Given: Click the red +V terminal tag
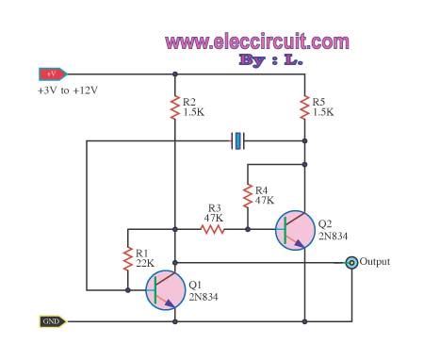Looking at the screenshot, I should pyautogui.click(x=50, y=74).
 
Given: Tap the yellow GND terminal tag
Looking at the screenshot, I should pyautogui.click(x=50, y=320).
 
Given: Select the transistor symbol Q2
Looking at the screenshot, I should pyautogui.click(x=295, y=230).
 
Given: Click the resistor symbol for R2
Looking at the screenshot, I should pyautogui.click(x=175, y=108).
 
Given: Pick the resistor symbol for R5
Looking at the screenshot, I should pyautogui.click(x=304, y=108).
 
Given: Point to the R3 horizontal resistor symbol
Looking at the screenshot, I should pyautogui.click(x=211, y=227).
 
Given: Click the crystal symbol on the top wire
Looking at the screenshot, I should pyautogui.click(x=238, y=141).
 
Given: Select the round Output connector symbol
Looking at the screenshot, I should pyautogui.click(x=351, y=263).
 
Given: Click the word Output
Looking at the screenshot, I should pyautogui.click(x=375, y=262).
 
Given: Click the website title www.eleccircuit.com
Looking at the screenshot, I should pyautogui.click(x=257, y=41).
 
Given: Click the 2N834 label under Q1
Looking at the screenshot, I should pyautogui.click(x=204, y=296).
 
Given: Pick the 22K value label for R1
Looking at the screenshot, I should pyautogui.click(x=143, y=263).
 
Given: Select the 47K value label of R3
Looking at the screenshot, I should pyautogui.click(x=213, y=216).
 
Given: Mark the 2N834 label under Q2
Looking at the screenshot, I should pyautogui.click(x=333, y=236).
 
